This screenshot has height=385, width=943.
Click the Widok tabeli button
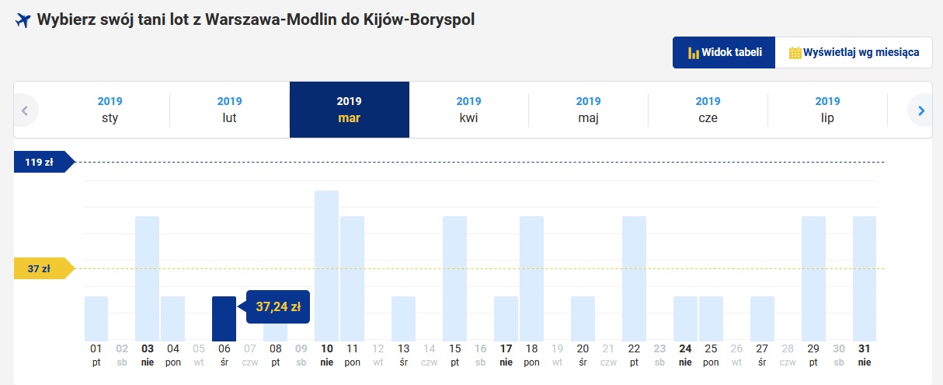click(724, 52)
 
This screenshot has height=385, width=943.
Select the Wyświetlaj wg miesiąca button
click(854, 52)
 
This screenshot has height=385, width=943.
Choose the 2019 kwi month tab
click(468, 110)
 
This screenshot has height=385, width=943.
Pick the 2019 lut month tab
click(229, 110)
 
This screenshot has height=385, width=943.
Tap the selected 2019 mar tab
click(350, 110)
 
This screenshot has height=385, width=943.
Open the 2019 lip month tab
click(827, 110)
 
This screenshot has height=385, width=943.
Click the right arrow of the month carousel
click(921, 110)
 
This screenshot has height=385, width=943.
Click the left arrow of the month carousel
click(25, 110)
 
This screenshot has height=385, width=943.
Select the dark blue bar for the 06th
click(224, 319)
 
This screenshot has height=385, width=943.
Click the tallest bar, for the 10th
click(326, 266)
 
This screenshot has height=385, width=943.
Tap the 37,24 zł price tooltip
click(278, 306)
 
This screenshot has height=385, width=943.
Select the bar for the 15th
click(454, 278)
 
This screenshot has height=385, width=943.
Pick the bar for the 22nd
click(634, 278)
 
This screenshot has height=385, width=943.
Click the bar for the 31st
click(865, 278)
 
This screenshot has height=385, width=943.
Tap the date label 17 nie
click(506, 355)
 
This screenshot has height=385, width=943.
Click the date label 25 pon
click(711, 355)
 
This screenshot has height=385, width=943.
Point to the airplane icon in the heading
click(23, 19)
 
